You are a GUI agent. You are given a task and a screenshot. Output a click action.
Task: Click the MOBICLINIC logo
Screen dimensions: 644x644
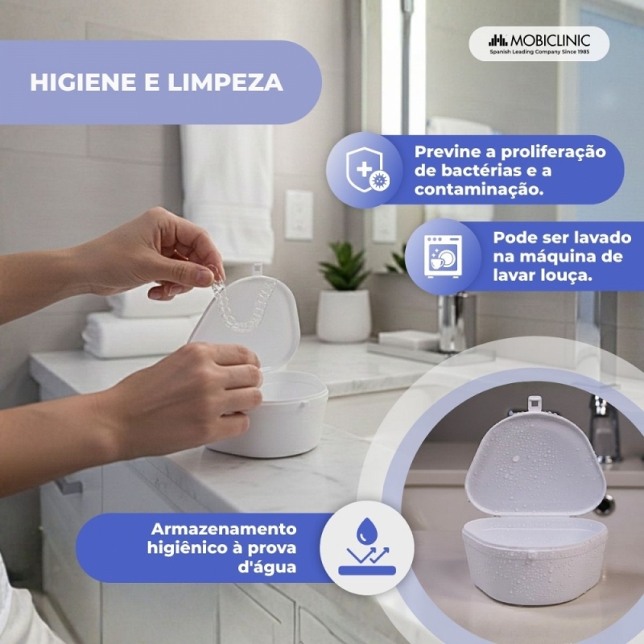539,43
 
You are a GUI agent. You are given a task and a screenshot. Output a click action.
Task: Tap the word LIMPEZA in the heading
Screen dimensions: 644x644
225,82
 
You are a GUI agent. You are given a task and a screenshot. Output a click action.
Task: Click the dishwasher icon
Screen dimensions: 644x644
444,257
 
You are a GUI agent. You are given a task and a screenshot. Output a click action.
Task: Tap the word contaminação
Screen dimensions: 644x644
479,189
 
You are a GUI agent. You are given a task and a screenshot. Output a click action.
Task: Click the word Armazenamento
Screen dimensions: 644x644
224,529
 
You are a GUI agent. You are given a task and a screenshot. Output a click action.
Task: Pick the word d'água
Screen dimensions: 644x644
267,568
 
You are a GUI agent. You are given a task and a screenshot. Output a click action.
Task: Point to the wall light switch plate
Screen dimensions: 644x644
299,214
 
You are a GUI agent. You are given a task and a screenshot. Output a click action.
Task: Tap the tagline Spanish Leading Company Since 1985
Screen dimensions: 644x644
539,52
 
